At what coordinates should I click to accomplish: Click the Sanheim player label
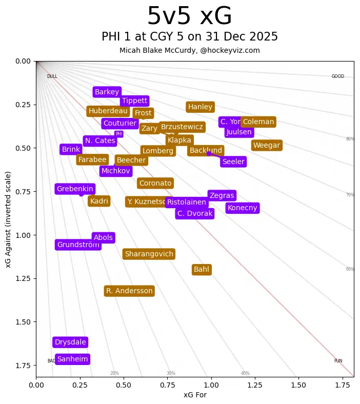coord(72,359)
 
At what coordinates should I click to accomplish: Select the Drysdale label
coord(70,342)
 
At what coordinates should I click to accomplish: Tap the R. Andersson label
coord(129,291)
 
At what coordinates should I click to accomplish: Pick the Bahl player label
coord(202,270)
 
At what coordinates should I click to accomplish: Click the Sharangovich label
coord(149,254)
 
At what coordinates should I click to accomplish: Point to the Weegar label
coord(267,146)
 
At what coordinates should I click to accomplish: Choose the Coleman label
coord(258,122)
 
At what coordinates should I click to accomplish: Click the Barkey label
coord(107,92)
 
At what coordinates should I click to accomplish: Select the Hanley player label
coord(200,107)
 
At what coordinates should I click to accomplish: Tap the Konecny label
coord(242,208)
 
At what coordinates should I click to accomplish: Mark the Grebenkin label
coord(75,189)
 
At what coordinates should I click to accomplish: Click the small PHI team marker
coord(119,134)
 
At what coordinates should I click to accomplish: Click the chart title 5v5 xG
coord(189,16)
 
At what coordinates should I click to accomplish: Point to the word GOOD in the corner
coord(337,77)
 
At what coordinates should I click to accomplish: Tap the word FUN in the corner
coord(338,361)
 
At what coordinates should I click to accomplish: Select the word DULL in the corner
coord(52,77)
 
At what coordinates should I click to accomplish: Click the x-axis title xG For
coord(195,395)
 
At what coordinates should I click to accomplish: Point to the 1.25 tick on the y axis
coord(23,278)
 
